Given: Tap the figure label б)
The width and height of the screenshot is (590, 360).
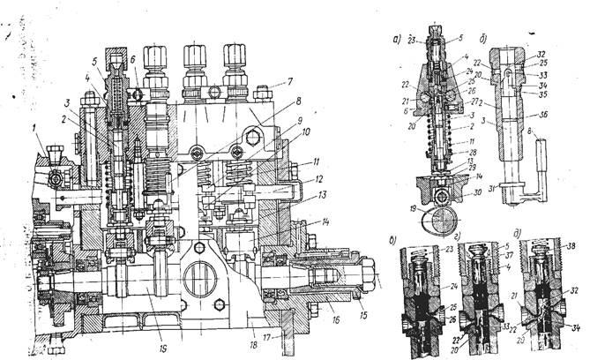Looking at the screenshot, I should click(x=483, y=39).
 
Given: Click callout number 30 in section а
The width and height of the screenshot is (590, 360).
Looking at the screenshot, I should click(x=467, y=196).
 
